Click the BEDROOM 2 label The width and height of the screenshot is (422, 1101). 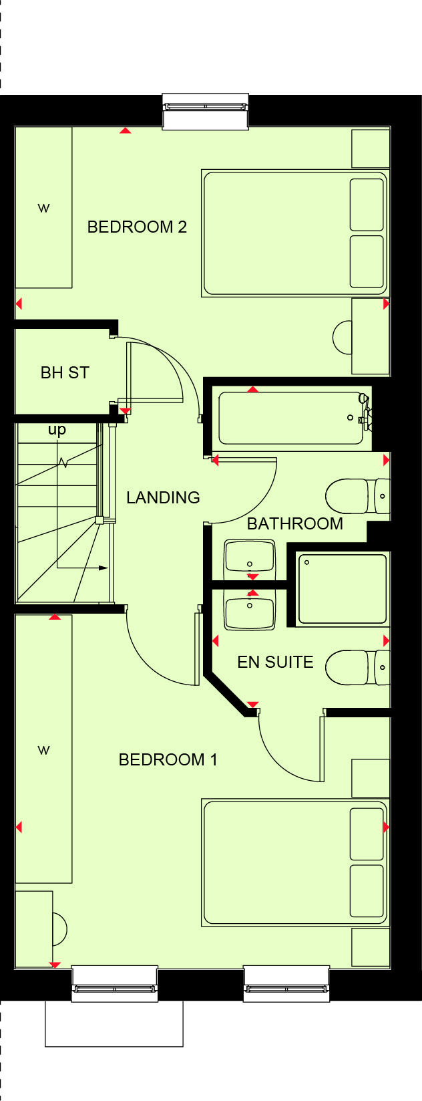click(x=137, y=227)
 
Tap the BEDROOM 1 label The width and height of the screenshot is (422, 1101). click(x=168, y=759)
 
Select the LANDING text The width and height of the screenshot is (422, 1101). click(x=163, y=497)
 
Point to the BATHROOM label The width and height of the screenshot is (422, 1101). click(x=294, y=523)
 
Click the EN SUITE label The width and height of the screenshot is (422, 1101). click(x=275, y=662)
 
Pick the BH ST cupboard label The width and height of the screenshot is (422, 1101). click(x=65, y=372)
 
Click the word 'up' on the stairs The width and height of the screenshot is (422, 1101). click(x=57, y=430)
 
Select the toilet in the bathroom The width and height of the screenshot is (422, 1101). click(x=357, y=496)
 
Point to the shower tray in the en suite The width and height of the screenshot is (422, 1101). click(x=342, y=589)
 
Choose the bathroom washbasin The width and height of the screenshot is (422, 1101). click(x=250, y=556)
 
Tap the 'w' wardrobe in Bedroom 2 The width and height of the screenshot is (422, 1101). click(x=43, y=208)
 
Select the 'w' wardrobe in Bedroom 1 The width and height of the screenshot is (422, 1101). click(x=43, y=749)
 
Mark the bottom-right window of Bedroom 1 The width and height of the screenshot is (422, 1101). click(x=286, y=983)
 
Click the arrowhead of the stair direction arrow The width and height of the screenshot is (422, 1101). click(x=103, y=568)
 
